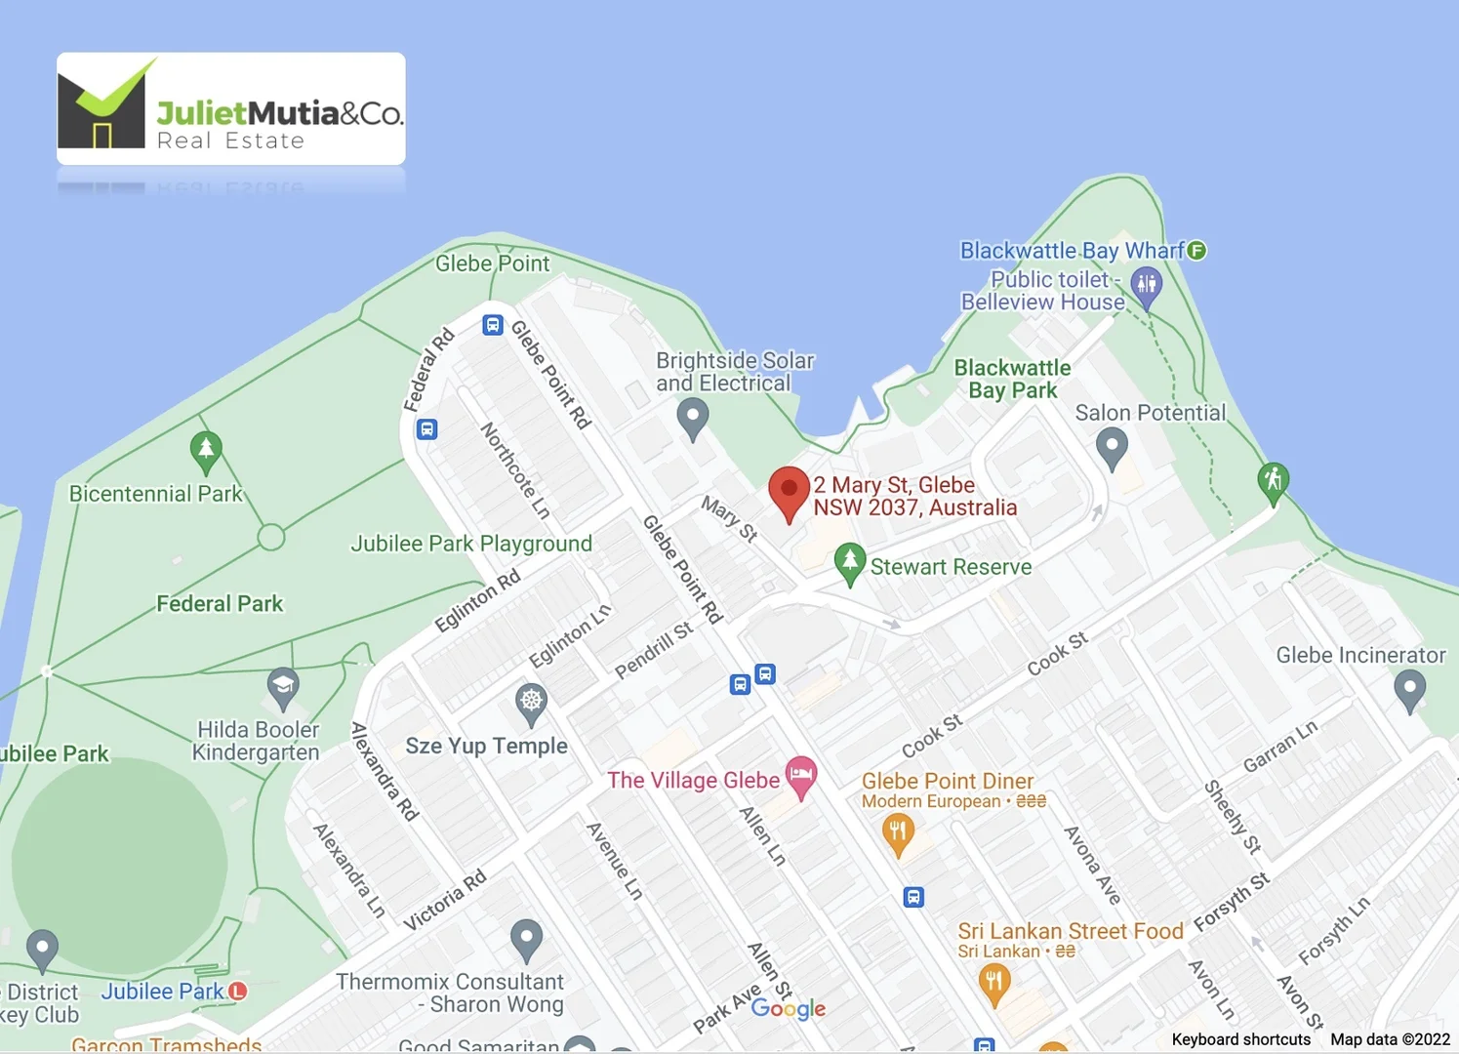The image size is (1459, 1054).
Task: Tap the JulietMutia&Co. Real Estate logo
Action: coord(231,109)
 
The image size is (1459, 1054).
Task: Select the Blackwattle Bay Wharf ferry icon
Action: coord(1196,251)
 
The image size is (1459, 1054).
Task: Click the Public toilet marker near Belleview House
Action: coord(1146,286)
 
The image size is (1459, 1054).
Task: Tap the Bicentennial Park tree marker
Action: coord(206,451)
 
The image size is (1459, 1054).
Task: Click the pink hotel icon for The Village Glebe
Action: coord(801,776)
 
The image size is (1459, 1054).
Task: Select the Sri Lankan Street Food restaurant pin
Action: coord(993,982)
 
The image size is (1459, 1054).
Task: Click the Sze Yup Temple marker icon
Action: coord(531,702)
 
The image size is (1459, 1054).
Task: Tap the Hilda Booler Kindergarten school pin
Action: coord(283,685)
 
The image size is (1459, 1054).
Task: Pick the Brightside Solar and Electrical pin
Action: coord(693,417)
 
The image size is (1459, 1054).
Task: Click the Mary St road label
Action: coord(730,518)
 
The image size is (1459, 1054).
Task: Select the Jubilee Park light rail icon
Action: coord(237,991)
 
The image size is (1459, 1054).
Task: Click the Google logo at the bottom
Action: coord(789,1009)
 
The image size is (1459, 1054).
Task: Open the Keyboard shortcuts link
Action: coord(1240,1039)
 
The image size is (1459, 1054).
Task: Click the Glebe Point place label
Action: coord(492,263)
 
